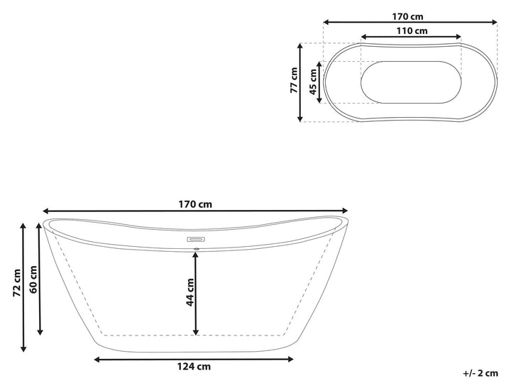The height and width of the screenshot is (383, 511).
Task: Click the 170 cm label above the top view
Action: click(407, 16)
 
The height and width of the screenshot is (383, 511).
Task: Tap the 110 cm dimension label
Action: click(412, 31)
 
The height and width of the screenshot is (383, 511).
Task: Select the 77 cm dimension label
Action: click(294, 80)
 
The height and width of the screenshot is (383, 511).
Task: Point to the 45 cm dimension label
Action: click(313, 82)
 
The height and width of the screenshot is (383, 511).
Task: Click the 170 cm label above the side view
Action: click(195, 204)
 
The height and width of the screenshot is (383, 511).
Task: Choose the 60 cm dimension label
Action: click(33, 279)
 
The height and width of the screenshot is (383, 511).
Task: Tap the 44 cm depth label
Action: click(190, 292)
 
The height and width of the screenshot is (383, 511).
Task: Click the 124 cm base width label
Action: click(194, 367)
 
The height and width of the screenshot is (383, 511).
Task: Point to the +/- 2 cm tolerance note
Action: click(480, 373)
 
